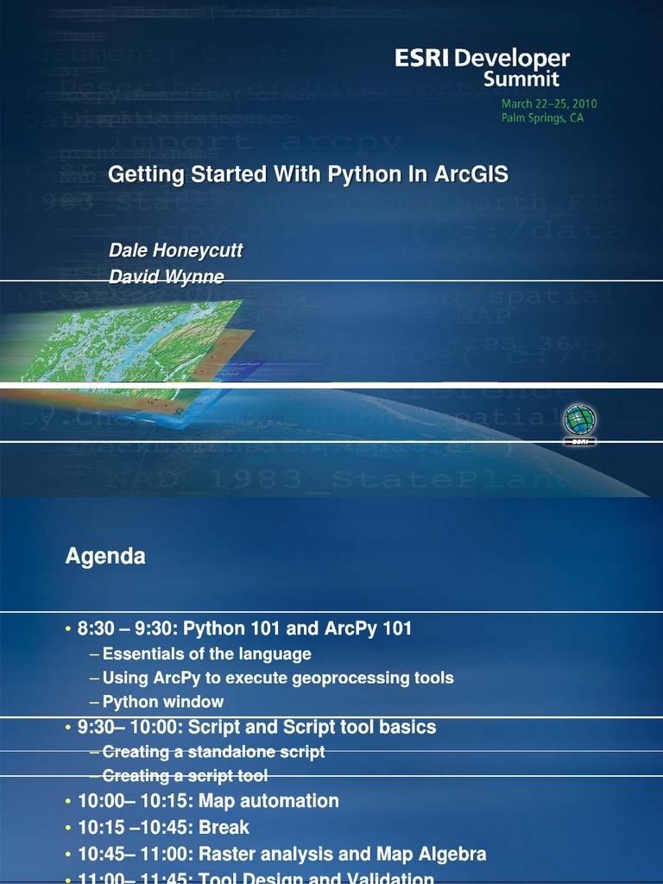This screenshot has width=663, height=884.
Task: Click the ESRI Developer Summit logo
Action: coord(483,68)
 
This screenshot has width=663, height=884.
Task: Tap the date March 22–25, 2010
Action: coord(549,104)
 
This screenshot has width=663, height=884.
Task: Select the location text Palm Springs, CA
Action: coord(542,118)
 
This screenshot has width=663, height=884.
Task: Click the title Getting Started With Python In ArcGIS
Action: coord(308,175)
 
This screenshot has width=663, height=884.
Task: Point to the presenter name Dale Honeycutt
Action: coord(175,250)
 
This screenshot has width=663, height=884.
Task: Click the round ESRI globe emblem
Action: coord(579,420)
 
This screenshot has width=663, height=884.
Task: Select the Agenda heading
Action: coord(105,557)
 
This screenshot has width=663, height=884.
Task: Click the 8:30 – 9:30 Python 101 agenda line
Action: coord(244,628)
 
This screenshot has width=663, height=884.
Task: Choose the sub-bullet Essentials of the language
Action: coord(206,654)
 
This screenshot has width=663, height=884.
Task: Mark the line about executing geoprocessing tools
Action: coord(277,678)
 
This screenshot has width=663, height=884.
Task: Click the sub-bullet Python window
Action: coord(162,702)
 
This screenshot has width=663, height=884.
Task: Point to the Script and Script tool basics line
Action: coord(256,727)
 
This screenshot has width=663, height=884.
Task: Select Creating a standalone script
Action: coord(213,752)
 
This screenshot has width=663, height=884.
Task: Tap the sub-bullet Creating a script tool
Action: coord(185,775)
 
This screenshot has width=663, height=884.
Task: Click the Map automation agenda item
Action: coord(208,801)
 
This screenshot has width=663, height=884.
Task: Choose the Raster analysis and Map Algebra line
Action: coord(281,855)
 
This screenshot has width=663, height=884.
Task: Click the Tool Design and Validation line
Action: coord(256,879)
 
